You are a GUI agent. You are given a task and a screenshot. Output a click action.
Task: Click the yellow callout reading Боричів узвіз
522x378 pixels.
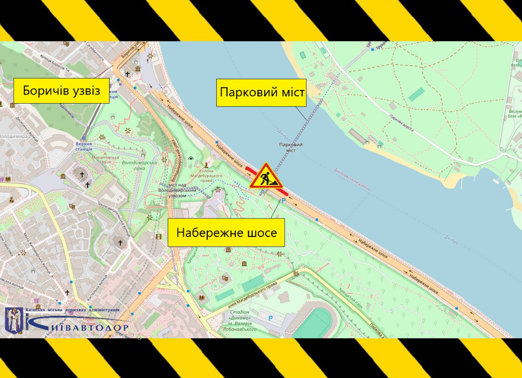pyautogui.click(x=61, y=90)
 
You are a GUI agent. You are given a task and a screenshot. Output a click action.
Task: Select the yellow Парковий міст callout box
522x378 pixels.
pyautogui.click(x=262, y=92)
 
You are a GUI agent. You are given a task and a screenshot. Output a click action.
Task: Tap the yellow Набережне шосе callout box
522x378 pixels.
pyautogui.click(x=226, y=233)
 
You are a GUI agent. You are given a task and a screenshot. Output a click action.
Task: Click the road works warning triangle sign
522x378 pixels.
pyautogui.click(x=266, y=177)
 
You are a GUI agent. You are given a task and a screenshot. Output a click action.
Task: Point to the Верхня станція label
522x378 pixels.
pyautogui.click(x=84, y=146)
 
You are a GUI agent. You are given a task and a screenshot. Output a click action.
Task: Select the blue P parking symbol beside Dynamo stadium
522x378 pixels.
pyautogui.click(x=270, y=318)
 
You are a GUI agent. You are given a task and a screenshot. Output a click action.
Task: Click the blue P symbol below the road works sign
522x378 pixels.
pyautogui.click(x=283, y=200)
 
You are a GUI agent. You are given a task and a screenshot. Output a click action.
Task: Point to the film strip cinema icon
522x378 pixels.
pyautogui.click(x=158, y=236)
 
